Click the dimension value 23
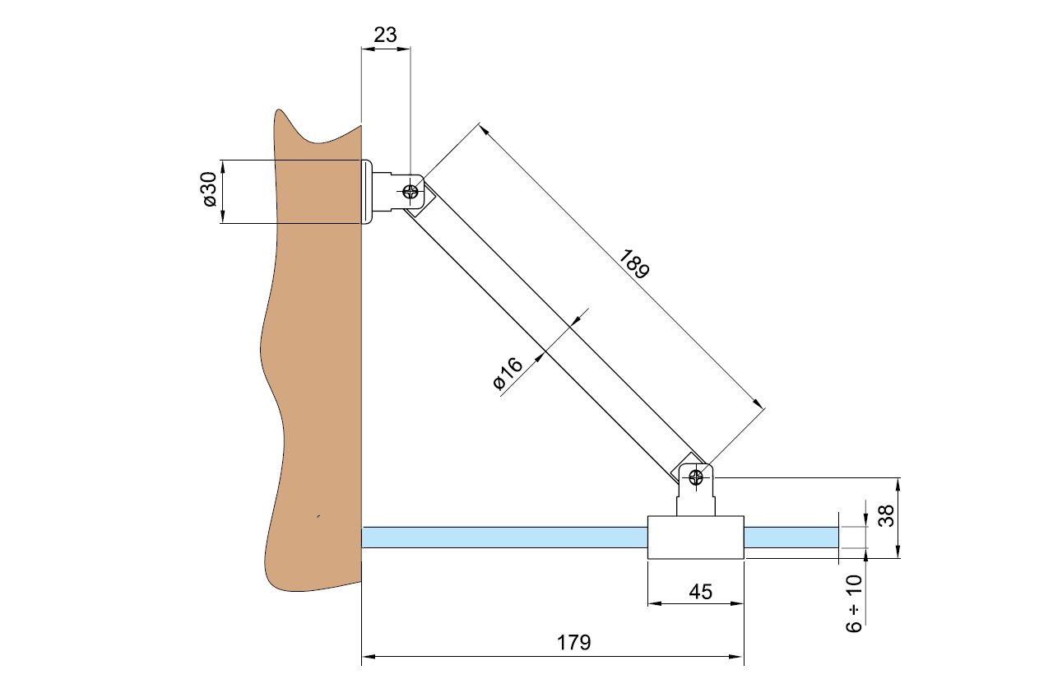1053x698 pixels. pyautogui.click(x=385, y=35)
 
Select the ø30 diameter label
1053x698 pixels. pyautogui.click(x=209, y=192)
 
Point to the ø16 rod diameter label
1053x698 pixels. pyautogui.click(x=508, y=375)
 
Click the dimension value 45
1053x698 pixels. pyautogui.click(x=696, y=591)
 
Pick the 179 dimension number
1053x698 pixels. pyautogui.click(x=574, y=643)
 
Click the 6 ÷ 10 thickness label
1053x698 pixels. pyautogui.click(x=855, y=603)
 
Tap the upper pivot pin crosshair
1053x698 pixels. pyautogui.click(x=410, y=192)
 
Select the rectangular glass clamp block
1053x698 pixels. pyautogui.click(x=696, y=537)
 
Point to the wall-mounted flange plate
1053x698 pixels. pyautogui.click(x=366, y=192)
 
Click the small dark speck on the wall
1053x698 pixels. pyautogui.click(x=318, y=517)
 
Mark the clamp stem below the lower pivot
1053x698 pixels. pyautogui.click(x=696, y=501)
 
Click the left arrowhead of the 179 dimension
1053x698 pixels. pyautogui.click(x=368, y=657)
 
